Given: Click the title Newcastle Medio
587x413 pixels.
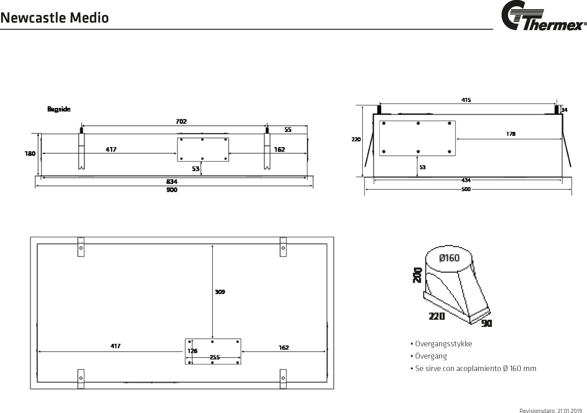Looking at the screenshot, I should pos(54,18).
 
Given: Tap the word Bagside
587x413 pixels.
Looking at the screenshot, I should pos(59,109).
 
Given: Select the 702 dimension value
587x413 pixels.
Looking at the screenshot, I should pos(181,121).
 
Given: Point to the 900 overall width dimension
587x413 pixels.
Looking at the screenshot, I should pos(172,190).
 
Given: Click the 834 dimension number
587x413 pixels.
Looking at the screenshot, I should pos(172,181).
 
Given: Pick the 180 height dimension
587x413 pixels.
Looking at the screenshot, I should pos(30,154).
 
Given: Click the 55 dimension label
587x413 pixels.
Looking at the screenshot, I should pos(288,130).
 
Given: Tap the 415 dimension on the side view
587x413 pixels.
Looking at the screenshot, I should pos(466,100).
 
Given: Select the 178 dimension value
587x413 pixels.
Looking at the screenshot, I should pos(511,134).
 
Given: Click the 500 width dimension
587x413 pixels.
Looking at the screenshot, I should pos(466,189).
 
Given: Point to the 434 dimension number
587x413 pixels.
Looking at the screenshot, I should pos(466,180).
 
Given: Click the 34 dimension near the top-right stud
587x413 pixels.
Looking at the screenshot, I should pos(564,110).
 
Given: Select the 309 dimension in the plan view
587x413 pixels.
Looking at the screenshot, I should pos(220,292).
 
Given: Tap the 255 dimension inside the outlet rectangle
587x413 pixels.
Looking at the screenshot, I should pos(215,357).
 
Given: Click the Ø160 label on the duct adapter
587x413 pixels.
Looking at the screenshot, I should pos(449,258).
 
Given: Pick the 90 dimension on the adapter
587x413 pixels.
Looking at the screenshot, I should pos(487,323).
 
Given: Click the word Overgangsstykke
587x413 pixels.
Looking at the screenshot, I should pos(443,344).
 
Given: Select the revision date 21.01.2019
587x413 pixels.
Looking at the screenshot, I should pos(570,411).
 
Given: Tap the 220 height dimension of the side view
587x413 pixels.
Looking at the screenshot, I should pos(356,139).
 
